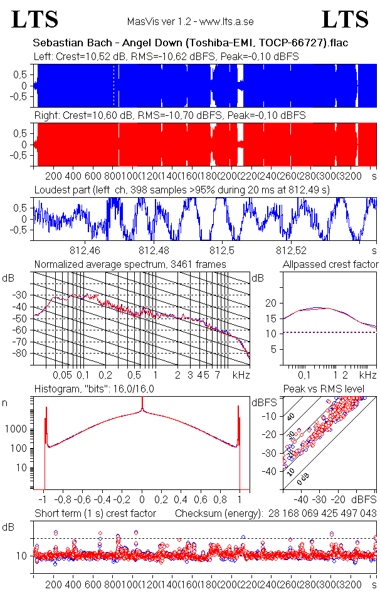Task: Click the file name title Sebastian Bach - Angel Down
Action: tap(191, 43)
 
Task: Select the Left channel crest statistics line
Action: tap(166, 56)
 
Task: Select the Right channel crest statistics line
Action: tap(169, 116)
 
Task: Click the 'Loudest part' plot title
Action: tap(182, 189)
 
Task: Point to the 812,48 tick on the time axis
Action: tap(157, 252)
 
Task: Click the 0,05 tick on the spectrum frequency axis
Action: tap(63, 375)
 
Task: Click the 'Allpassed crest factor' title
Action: tap(330, 265)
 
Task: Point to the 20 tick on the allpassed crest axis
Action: tap(272, 303)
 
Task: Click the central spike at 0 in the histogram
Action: tap(142, 407)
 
